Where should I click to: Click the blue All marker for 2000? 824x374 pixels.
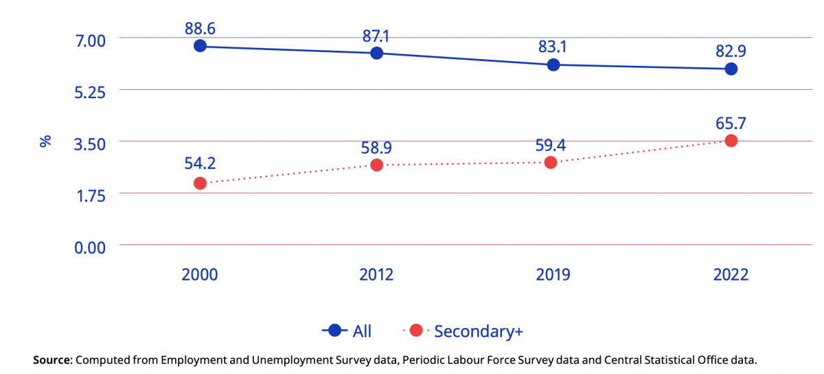200,46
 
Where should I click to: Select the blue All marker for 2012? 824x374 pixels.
376,53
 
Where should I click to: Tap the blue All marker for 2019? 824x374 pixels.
553,65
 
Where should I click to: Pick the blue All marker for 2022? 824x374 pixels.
731,69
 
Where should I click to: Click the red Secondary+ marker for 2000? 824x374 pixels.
200,183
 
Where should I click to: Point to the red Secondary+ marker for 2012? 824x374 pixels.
376,165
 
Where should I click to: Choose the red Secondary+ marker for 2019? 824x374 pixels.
550,163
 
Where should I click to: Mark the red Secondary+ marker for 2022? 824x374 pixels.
731,141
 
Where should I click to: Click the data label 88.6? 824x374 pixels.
200,28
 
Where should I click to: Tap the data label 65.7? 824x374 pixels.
731,124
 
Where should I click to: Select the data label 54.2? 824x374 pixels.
200,165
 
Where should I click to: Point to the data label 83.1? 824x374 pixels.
553,47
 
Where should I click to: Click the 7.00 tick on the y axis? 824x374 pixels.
90,40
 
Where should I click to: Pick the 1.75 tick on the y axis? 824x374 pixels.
90,195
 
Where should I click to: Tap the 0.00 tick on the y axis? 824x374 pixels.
90,247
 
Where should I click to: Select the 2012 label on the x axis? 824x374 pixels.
376,275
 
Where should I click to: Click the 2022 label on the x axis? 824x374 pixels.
731,275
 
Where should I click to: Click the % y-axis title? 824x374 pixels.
45,142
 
